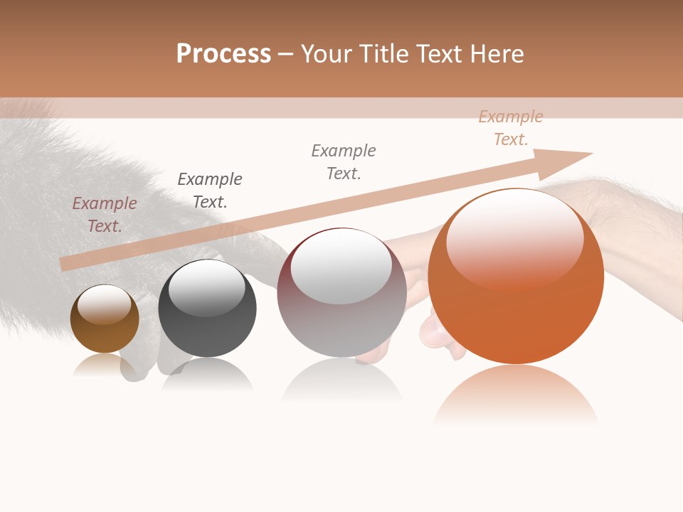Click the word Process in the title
pyautogui.click(x=223, y=54)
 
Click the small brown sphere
pyautogui.click(x=105, y=319)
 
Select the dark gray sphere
pyautogui.click(x=207, y=309)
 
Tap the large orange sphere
pyautogui.click(x=516, y=277)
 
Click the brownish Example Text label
pyautogui.click(x=105, y=214)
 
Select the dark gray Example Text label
pyautogui.click(x=210, y=190)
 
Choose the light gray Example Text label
pyautogui.click(x=344, y=161)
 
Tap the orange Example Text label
pyautogui.click(x=511, y=128)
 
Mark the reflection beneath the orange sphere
pyautogui.click(x=516, y=395)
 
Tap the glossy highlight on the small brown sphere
pyautogui.click(x=104, y=304)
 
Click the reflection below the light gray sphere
pyautogui.click(x=341, y=380)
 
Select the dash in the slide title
pyautogui.click(x=286, y=55)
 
